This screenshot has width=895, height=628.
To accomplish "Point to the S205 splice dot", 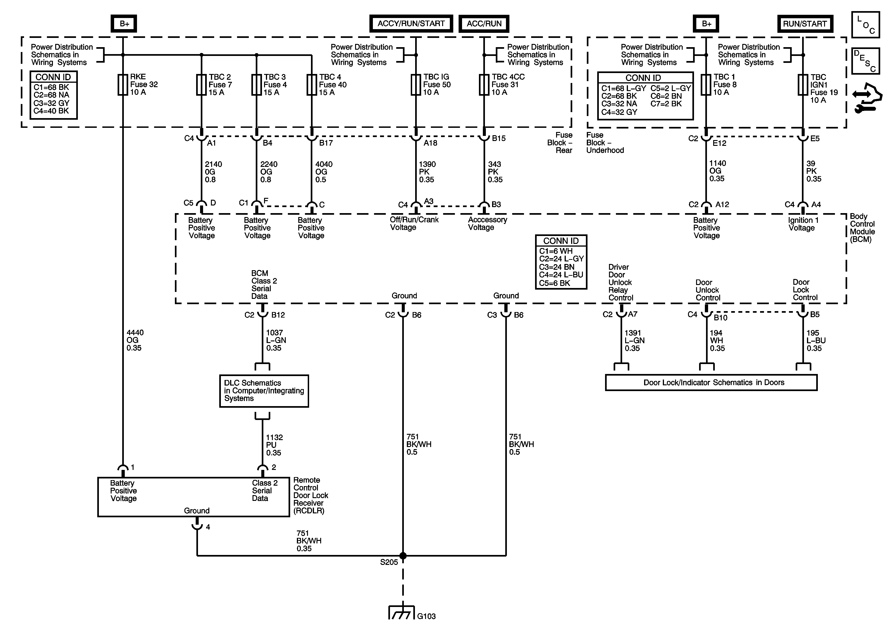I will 403,555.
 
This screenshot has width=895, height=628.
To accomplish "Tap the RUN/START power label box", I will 805,24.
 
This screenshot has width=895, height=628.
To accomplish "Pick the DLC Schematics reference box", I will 264,391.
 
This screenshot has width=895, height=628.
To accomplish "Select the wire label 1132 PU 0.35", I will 274,445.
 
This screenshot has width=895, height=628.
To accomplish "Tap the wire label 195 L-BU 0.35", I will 816,340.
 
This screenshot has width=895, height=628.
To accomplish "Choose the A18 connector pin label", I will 430,143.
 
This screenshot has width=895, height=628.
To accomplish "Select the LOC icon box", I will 865,25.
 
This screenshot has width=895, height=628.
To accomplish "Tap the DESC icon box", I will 865,61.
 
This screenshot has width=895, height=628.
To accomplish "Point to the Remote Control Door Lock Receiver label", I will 310,495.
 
